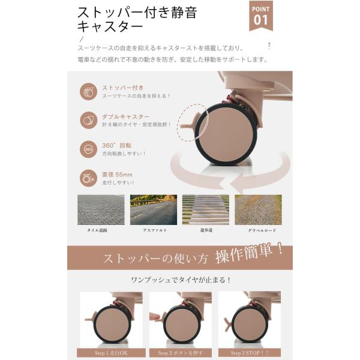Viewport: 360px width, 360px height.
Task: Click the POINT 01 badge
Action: tap(260, 15)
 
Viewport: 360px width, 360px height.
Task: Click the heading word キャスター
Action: tap(110, 27)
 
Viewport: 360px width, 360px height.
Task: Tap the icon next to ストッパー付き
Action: tap(89, 92)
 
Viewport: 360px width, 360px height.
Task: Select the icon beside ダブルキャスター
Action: tap(89, 120)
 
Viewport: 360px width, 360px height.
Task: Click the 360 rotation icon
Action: tap(89, 149)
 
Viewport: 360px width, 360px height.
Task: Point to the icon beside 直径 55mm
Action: tap(89, 178)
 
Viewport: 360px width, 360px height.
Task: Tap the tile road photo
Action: tap(100, 209)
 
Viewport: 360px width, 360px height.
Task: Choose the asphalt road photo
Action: tap(153, 209)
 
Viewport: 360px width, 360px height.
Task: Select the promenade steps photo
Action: tap(205, 209)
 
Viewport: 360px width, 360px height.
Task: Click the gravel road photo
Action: tap(258, 209)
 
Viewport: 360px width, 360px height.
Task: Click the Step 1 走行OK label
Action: tap(110, 353)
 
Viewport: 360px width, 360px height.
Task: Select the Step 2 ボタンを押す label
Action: tap(180, 353)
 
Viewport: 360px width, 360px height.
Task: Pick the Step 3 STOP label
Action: tap(249, 353)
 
